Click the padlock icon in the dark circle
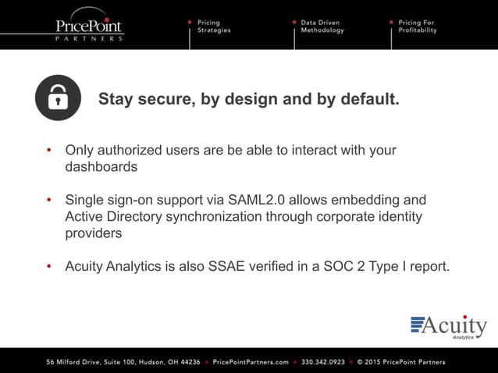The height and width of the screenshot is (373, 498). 58,98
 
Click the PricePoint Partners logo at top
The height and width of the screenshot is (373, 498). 88,28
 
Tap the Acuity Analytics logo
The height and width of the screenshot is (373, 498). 449,327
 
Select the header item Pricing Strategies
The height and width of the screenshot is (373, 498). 213,27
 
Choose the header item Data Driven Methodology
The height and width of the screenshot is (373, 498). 322,27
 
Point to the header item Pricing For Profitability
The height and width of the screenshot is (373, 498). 416,27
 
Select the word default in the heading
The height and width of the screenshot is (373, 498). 368,100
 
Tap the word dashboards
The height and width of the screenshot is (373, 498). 101,166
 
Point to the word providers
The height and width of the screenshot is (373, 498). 94,233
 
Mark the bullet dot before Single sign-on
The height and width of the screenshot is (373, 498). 49,201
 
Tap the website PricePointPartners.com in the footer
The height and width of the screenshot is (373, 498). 251,362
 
